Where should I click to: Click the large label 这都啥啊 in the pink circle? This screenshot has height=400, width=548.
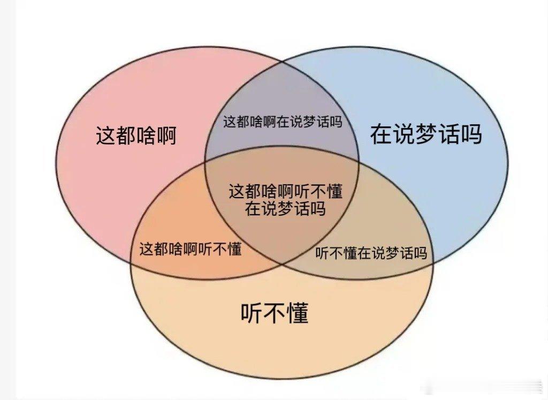(x=136, y=136)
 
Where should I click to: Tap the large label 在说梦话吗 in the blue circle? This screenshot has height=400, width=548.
(x=426, y=134)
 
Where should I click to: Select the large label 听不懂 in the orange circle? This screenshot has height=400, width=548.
(x=275, y=313)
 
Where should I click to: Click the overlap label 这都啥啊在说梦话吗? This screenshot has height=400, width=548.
(x=282, y=122)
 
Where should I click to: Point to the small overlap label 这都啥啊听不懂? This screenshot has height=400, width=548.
(x=191, y=249)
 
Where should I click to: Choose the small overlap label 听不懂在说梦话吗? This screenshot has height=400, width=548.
(x=371, y=253)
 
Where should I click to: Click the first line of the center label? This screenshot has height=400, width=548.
(x=285, y=192)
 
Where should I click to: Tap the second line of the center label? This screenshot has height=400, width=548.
(x=285, y=208)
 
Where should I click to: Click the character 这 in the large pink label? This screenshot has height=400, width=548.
(x=106, y=136)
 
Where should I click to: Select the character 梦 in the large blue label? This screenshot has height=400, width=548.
(x=426, y=134)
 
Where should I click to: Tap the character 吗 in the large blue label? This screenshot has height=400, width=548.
(x=471, y=134)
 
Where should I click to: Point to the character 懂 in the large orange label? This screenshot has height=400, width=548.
(x=298, y=313)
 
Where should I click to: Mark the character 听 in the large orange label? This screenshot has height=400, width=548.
(x=252, y=313)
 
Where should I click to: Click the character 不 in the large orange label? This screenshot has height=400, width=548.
(x=275, y=313)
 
